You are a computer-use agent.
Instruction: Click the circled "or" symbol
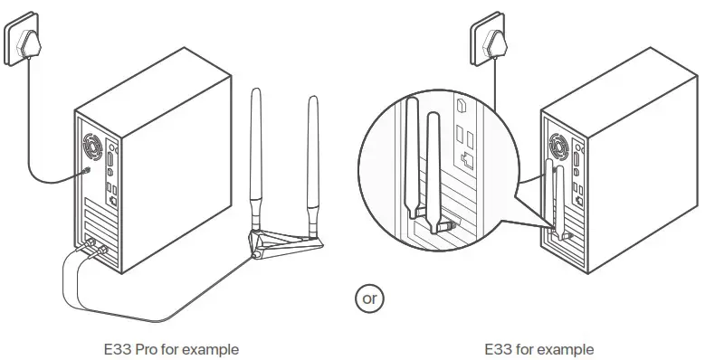pyautogui.click(x=370, y=298)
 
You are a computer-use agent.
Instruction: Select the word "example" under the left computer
pyautogui.click(x=211, y=348)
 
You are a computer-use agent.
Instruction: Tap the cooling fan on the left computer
pyautogui.click(x=91, y=145)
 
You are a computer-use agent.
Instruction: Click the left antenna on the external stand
pyautogui.click(x=256, y=158)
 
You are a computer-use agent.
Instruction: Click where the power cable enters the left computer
pyautogui.click(x=87, y=168)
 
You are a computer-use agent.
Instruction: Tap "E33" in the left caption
pyautogui.click(x=119, y=348)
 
